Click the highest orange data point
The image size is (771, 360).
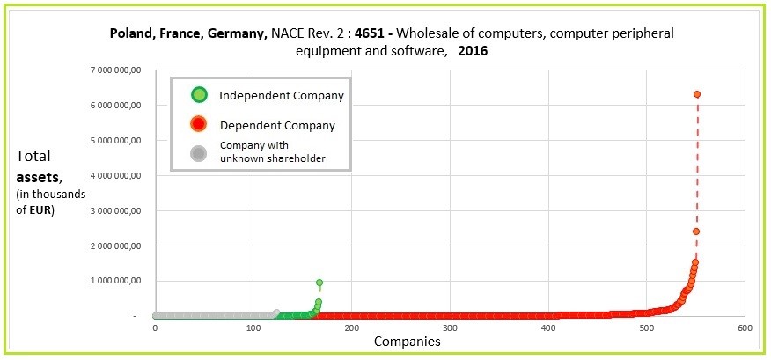(697, 94)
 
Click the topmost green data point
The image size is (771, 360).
(319, 283)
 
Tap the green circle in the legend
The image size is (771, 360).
(200, 94)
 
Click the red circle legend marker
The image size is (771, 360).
(200, 125)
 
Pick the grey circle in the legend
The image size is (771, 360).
(200, 152)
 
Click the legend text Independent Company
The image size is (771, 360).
(281, 95)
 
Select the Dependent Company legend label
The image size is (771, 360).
(277, 125)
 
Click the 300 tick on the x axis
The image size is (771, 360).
(450, 328)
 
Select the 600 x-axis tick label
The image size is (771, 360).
(745, 328)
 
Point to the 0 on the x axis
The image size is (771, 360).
(155, 328)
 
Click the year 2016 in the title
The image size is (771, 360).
(474, 51)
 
